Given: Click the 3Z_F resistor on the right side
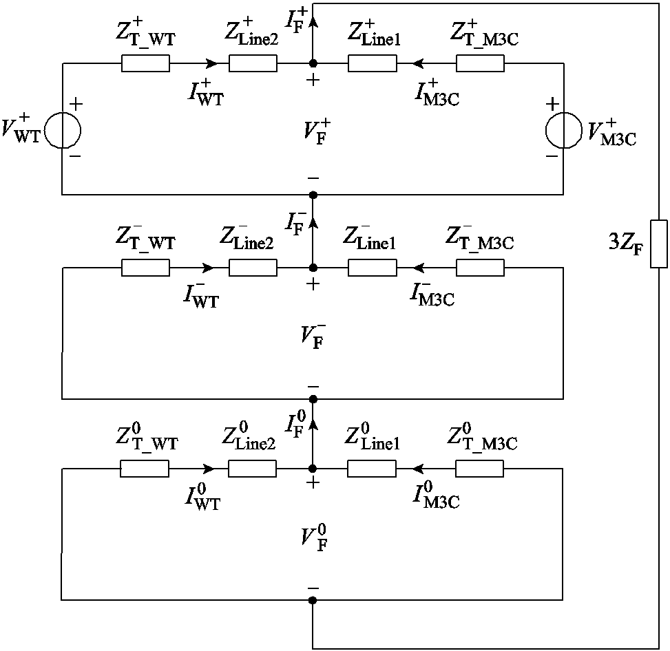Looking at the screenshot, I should pyautogui.click(x=659, y=244).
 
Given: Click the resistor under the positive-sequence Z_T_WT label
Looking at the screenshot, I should pyautogui.click(x=145, y=64).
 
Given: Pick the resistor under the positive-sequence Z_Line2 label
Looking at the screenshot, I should pyautogui.click(x=253, y=64).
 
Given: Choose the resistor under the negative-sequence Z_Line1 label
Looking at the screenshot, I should pyautogui.click(x=372, y=268).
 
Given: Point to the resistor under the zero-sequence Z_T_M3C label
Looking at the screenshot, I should pyautogui.click(x=479, y=469).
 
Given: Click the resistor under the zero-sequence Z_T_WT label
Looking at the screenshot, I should pyautogui.click(x=145, y=469).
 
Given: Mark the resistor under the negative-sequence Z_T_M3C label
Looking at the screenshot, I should pyautogui.click(x=480, y=268).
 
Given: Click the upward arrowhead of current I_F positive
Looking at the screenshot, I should pyautogui.click(x=313, y=21).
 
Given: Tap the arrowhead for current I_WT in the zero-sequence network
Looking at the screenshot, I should pyautogui.click(x=211, y=469).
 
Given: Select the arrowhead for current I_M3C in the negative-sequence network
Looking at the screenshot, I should pyautogui.click(x=417, y=268).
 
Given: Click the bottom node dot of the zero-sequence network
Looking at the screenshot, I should pyautogui.click(x=313, y=600).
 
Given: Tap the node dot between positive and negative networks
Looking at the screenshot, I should pyautogui.click(x=313, y=195).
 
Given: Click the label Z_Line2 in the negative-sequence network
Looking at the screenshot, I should pyautogui.click(x=249, y=239).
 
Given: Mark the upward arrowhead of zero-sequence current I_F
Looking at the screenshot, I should pyautogui.click(x=313, y=425).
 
